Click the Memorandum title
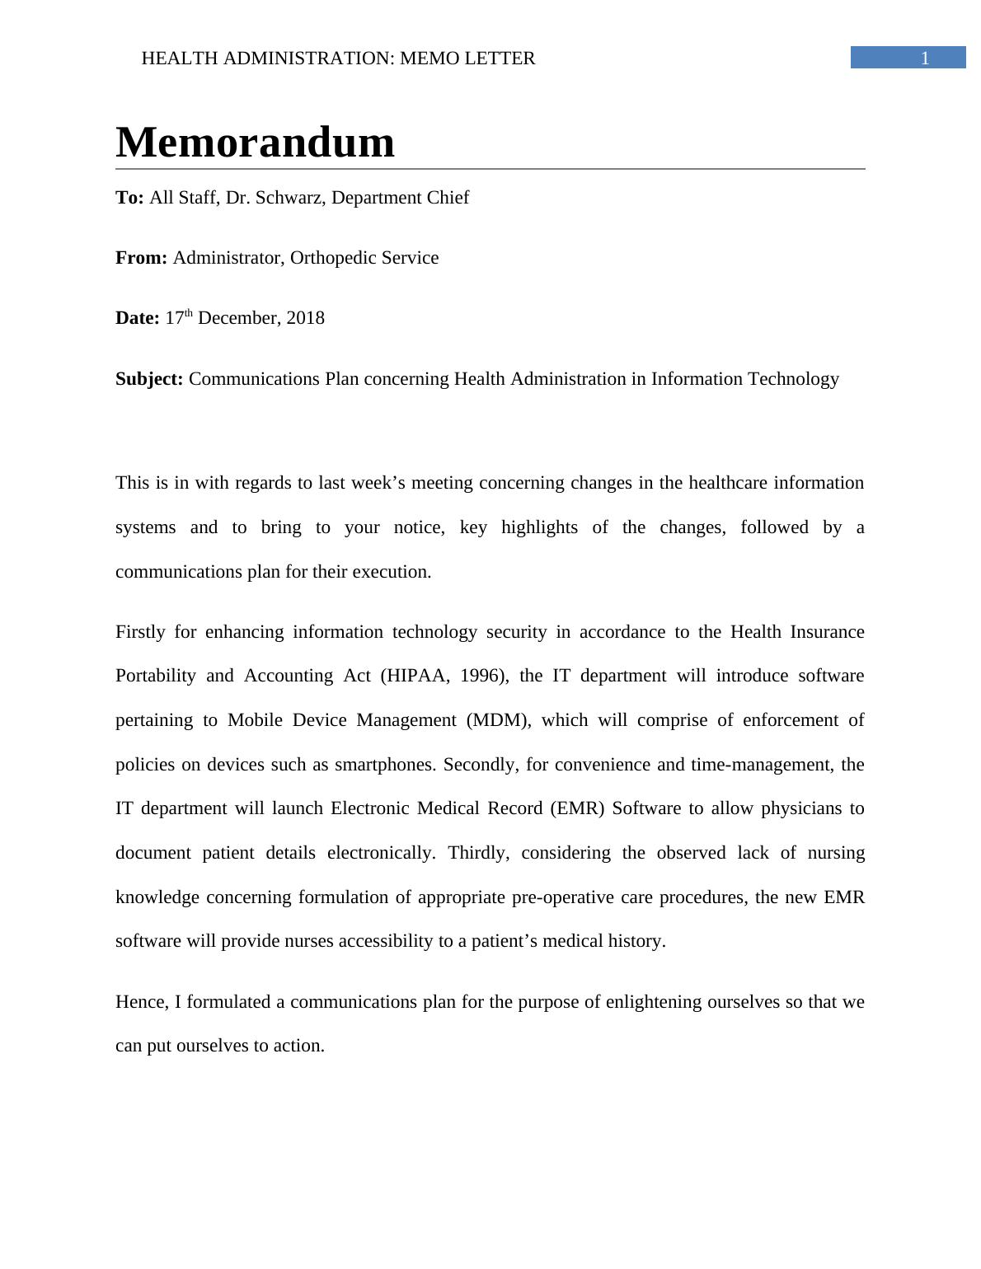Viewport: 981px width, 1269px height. pos(255,143)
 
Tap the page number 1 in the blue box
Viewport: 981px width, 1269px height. pos(924,58)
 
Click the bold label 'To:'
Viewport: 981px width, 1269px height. pos(129,198)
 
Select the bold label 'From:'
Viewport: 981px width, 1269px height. pos(141,258)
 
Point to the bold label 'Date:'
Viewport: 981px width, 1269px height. pos(137,318)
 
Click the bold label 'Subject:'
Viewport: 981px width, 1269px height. pos(149,379)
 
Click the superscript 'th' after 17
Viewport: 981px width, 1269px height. pos(188,313)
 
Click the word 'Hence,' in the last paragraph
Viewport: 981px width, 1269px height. pos(142,1002)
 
